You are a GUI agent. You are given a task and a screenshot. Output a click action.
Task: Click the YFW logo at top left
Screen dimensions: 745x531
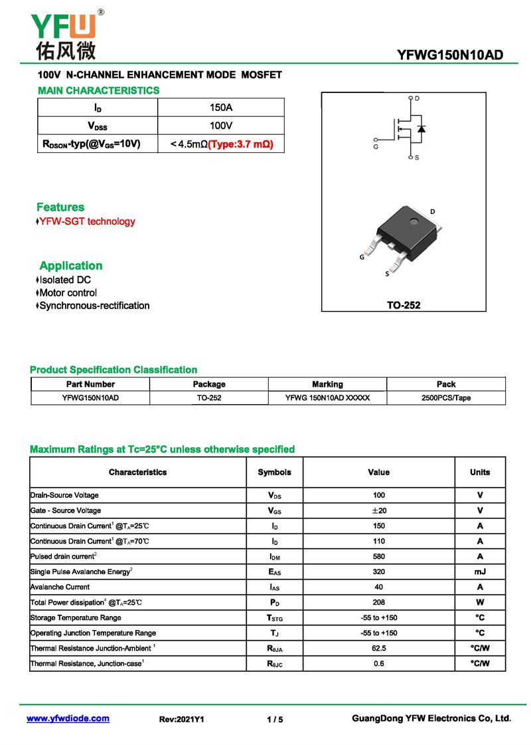[x=64, y=33]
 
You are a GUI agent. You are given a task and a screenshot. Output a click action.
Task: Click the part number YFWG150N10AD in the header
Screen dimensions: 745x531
[x=449, y=54]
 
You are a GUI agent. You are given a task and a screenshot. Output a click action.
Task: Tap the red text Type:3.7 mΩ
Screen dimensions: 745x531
[x=241, y=144]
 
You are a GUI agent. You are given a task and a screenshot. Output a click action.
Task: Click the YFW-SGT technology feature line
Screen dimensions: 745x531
[x=86, y=221]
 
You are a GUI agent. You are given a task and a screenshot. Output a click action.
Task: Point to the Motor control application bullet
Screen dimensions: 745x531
[x=68, y=292]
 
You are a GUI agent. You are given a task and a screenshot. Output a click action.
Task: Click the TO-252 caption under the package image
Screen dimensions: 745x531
[x=404, y=306]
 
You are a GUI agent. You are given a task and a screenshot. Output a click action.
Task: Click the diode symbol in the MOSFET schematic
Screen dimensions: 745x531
[x=421, y=128]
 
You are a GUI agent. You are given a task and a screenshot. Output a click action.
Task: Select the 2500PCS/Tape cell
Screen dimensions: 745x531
[x=446, y=398]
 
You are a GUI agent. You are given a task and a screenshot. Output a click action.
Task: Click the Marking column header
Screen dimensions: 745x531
[x=327, y=384]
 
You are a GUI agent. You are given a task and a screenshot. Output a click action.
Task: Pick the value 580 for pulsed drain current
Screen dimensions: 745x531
[x=378, y=556]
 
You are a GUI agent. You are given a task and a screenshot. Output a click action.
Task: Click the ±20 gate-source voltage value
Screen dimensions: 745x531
[x=378, y=510]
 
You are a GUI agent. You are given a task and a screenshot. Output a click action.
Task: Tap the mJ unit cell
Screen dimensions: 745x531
[x=480, y=572]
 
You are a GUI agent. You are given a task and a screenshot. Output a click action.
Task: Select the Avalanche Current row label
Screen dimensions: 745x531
[x=60, y=587]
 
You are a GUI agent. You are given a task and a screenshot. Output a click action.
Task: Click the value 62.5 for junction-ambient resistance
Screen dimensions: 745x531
[x=378, y=648]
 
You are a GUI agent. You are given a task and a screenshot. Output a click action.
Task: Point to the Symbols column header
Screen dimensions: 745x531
[x=274, y=472]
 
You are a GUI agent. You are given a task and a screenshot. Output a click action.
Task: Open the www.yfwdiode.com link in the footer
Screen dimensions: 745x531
[x=68, y=718]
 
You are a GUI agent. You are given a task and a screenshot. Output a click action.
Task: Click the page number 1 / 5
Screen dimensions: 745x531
[x=275, y=719]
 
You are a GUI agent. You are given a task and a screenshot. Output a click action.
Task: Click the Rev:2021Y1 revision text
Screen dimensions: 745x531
[x=182, y=719]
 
